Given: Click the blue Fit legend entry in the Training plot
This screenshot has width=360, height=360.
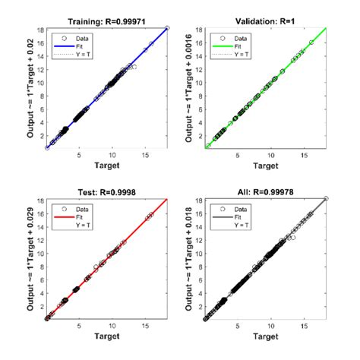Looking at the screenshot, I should click(x=77, y=44).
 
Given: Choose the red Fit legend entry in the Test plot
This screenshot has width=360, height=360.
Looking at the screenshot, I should click(x=77, y=216).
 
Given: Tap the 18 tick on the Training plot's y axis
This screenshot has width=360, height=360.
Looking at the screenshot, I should click(x=40, y=29).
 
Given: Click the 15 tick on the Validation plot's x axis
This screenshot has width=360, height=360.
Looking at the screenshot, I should click(x=304, y=155).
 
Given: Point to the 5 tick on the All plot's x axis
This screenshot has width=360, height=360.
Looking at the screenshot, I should click(x=237, y=327).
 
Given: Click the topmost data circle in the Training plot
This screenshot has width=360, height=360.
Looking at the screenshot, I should click(x=167, y=28).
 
